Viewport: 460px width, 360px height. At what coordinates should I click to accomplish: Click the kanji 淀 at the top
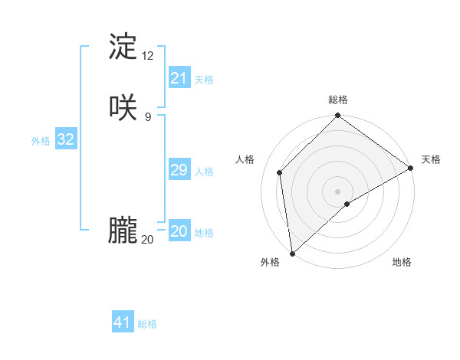(x=123, y=47)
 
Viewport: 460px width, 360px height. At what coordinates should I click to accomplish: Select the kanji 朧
(x=123, y=231)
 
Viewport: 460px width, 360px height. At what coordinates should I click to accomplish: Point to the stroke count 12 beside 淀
(x=148, y=55)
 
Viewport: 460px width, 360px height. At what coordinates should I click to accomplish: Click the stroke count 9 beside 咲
(x=148, y=116)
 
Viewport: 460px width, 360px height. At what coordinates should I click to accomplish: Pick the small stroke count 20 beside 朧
(x=148, y=239)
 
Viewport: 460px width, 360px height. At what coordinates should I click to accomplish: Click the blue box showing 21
(x=179, y=78)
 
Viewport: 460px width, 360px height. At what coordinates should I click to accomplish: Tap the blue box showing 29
(x=179, y=170)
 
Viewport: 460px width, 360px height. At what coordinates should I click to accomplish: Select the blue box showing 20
(x=179, y=231)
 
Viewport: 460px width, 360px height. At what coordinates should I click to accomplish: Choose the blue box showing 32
(x=65, y=139)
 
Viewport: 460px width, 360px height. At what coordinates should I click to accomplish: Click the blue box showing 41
(x=123, y=322)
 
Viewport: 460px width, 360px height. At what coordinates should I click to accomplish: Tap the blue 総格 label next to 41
(x=147, y=324)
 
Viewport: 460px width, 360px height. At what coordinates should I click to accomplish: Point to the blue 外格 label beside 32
(x=41, y=141)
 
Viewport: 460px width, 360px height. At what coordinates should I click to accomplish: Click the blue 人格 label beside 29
(x=205, y=172)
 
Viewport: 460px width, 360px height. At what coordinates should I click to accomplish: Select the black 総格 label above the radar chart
(x=338, y=100)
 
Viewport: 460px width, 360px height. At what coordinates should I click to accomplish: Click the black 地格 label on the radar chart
(x=402, y=262)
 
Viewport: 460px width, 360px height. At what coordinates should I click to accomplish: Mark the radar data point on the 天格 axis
(x=411, y=169)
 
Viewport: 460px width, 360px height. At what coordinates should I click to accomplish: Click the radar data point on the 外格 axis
(x=292, y=254)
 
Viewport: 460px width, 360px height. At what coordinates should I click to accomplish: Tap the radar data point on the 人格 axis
(x=280, y=172)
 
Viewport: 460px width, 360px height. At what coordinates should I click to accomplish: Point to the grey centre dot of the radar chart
(x=338, y=191)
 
